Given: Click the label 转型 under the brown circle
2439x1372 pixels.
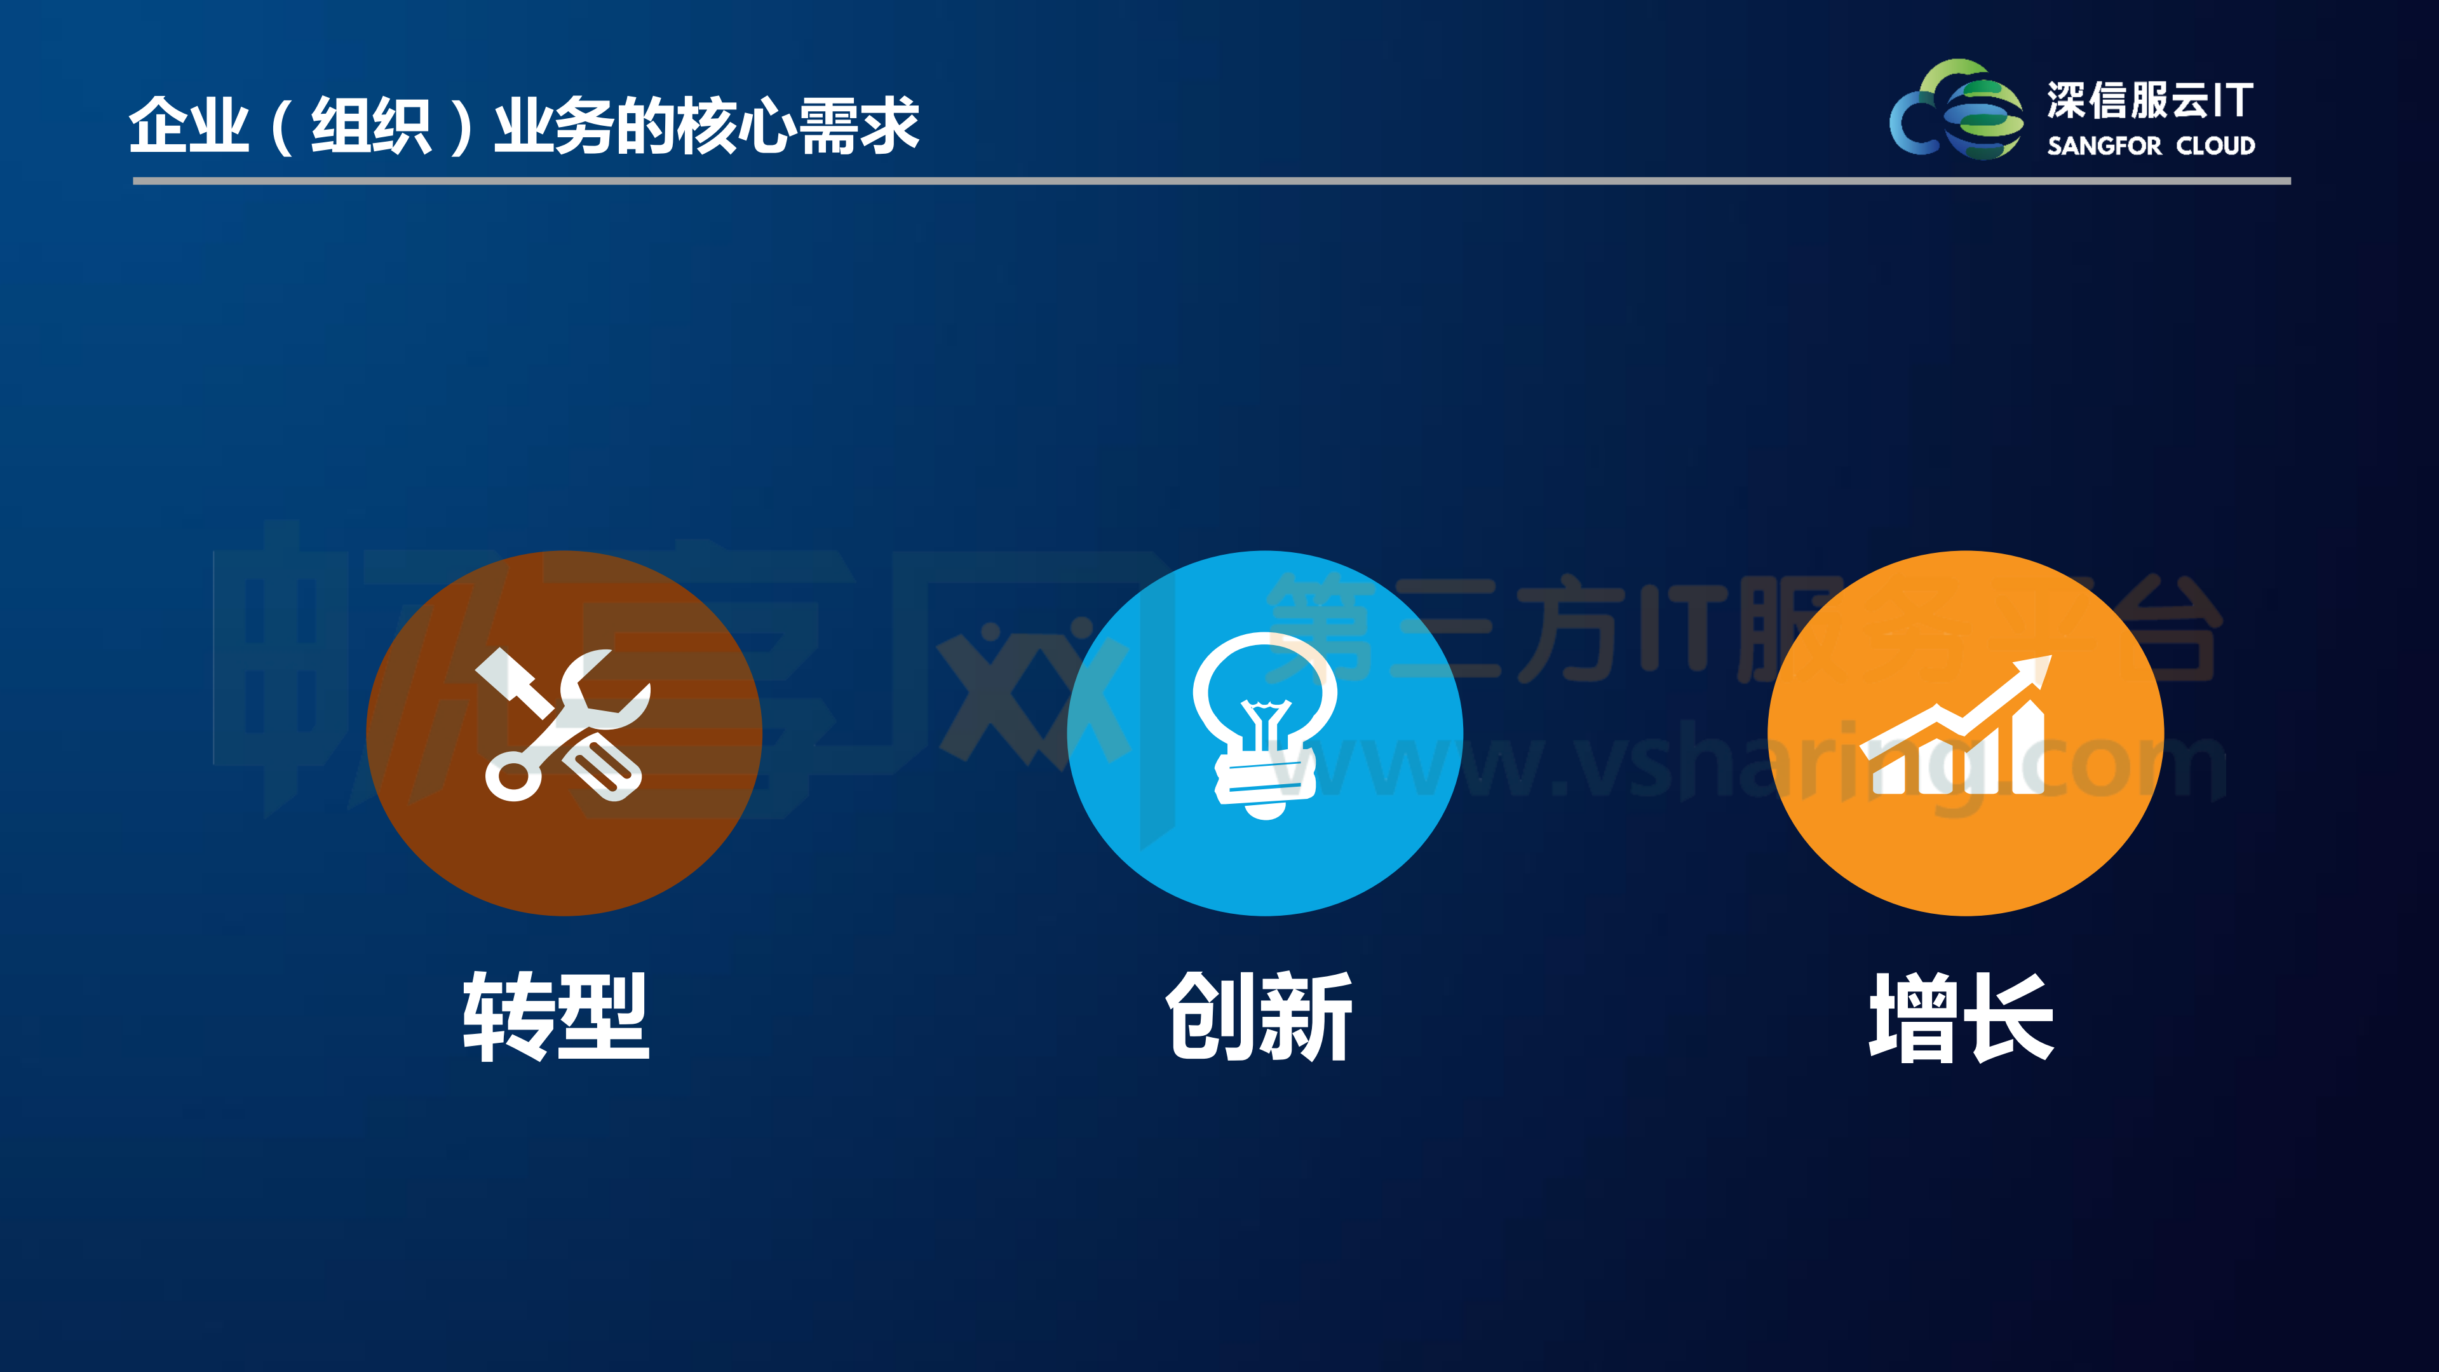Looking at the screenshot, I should coord(556,1016).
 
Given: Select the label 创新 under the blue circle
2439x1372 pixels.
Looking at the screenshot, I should coord(1259,1016).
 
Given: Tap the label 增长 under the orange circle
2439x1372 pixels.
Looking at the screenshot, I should coord(1961,1016).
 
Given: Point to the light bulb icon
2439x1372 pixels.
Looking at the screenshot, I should coord(1264,724).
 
